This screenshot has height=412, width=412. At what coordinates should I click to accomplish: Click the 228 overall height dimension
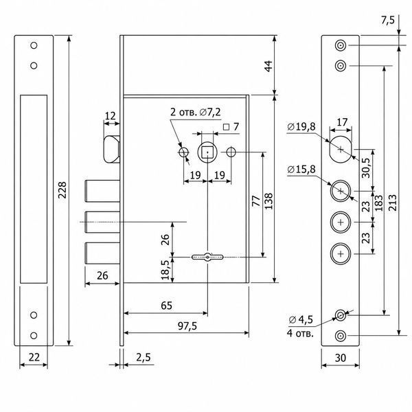62,190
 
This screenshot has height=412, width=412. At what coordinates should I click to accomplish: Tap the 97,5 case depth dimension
187,326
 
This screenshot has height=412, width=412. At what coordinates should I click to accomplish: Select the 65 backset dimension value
166,306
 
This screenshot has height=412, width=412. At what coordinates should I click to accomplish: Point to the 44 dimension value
268,66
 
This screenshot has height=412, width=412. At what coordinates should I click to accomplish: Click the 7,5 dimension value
388,20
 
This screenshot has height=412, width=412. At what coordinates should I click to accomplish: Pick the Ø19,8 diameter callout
301,126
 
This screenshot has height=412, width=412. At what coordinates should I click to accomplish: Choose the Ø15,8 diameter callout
301,169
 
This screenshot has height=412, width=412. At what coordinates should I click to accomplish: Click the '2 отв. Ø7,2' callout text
196,112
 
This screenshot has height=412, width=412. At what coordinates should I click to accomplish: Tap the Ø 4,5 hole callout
301,319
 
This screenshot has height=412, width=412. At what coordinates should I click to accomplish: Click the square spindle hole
207,152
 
